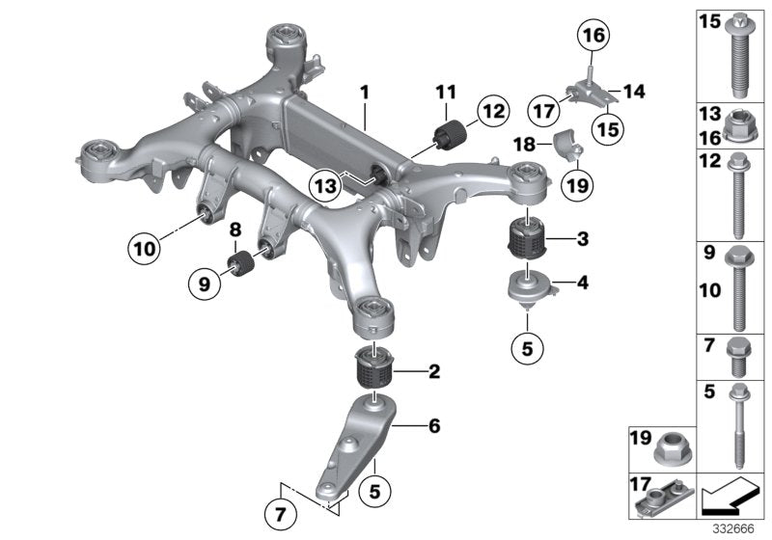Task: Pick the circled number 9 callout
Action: point(206,285)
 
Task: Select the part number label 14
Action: point(633,93)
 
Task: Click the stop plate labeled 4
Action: point(527,286)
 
